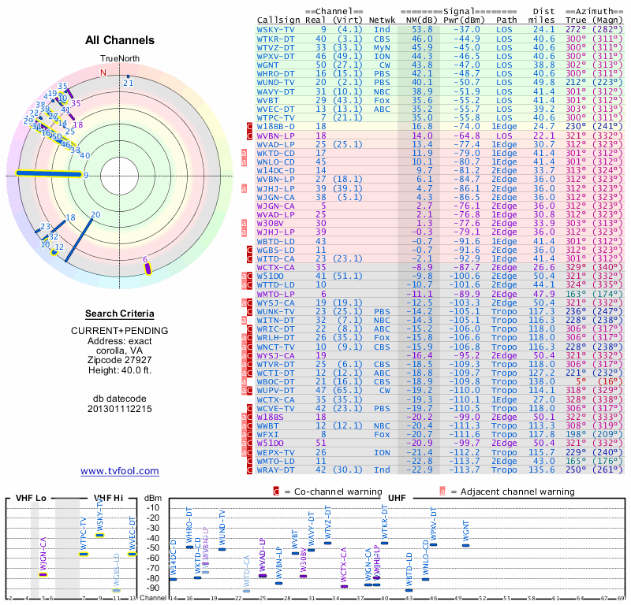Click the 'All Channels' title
point(120,41)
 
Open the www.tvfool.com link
point(120,471)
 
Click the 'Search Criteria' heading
point(120,314)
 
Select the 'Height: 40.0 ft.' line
point(120,372)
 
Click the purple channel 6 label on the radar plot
point(145,259)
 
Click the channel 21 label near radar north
point(128,83)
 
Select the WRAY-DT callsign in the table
point(276,470)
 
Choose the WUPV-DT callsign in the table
point(276,389)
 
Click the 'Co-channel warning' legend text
point(329,491)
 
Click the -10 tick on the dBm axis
point(152,507)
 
